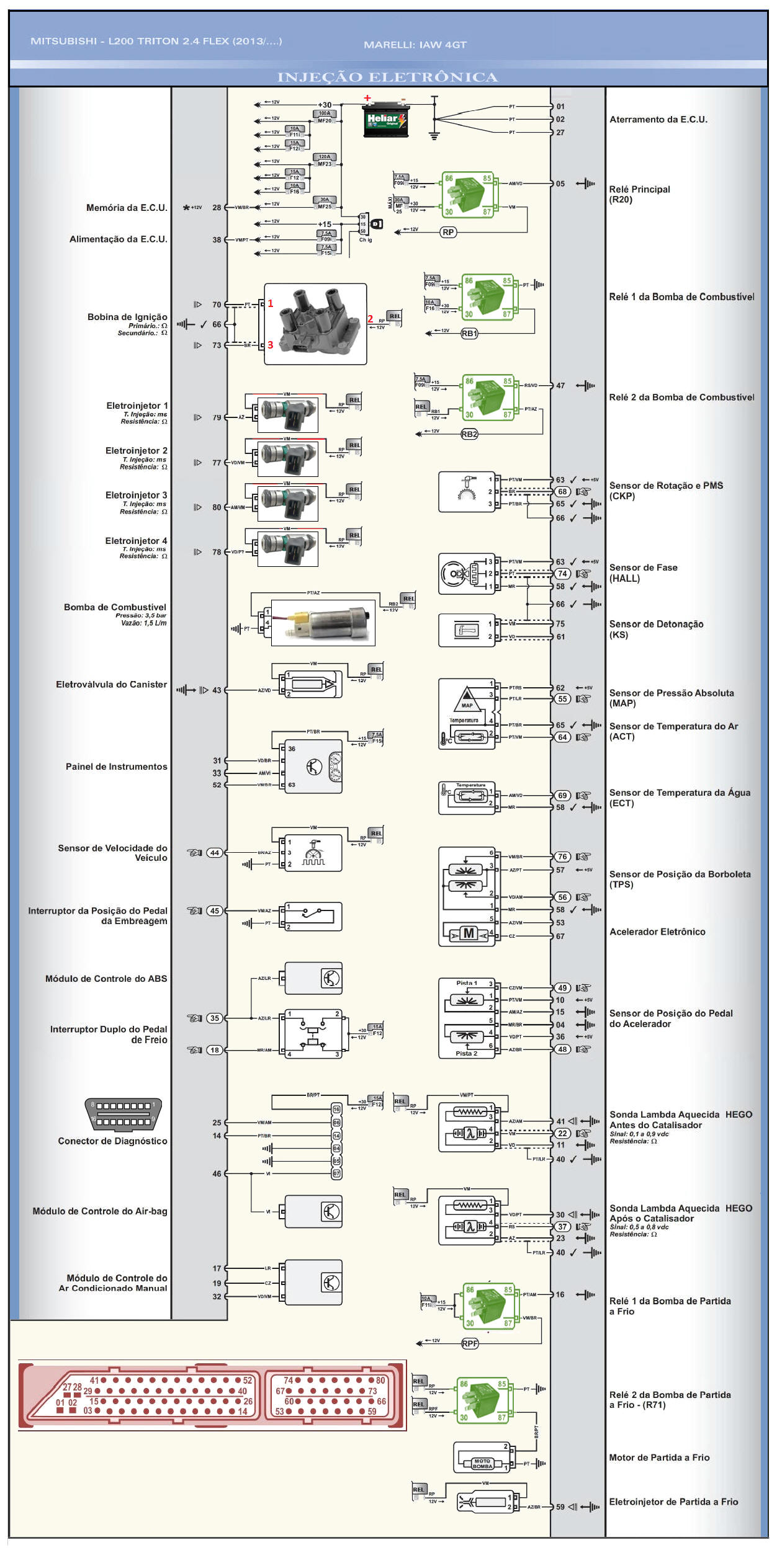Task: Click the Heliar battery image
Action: pyautogui.click(x=385, y=121)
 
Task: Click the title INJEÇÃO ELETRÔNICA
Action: pyautogui.click(x=387, y=77)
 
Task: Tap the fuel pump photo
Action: pyautogui.click(x=323, y=622)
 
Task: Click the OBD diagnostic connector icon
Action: pyautogui.click(x=123, y=1114)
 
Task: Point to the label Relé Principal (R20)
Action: pyautogui.click(x=639, y=194)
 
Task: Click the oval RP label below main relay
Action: pyautogui.click(x=448, y=232)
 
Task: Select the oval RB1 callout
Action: pyautogui.click(x=469, y=334)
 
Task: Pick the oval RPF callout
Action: pyautogui.click(x=470, y=1343)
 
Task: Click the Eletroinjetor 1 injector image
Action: pyautogui.click(x=288, y=415)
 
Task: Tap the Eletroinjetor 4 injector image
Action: pyautogui.click(x=288, y=549)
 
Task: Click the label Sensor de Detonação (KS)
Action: pyautogui.click(x=656, y=629)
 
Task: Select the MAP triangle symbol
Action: pyautogui.click(x=467, y=697)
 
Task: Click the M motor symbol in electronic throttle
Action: pyautogui.click(x=469, y=933)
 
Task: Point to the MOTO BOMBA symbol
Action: pyautogui.click(x=482, y=1464)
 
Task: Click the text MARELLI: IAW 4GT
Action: pyautogui.click(x=415, y=45)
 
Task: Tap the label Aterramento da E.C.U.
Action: pyautogui.click(x=658, y=119)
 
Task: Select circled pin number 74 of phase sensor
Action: pyautogui.click(x=562, y=574)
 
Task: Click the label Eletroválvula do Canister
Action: pyautogui.click(x=112, y=684)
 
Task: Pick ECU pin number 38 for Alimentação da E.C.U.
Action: pyautogui.click(x=217, y=239)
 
